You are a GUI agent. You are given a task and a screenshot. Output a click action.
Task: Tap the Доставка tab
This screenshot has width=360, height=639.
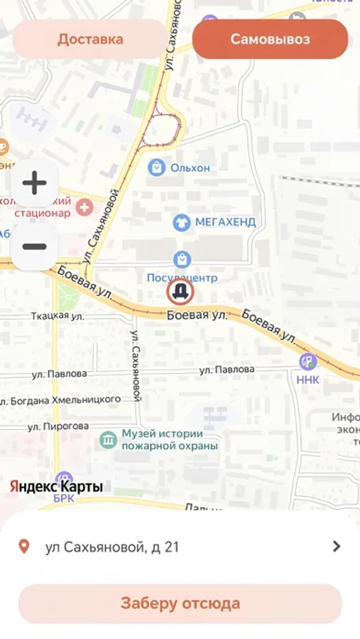90,39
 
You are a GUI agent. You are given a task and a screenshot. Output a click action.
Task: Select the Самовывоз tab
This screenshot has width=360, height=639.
270,39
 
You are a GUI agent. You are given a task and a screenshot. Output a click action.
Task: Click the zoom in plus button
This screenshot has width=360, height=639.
34,183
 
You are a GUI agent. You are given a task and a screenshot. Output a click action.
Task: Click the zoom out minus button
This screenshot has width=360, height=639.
34,246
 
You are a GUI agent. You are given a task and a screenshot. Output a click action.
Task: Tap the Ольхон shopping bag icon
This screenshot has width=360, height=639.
156,168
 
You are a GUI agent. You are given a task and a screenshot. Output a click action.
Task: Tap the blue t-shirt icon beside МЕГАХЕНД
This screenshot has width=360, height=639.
182,222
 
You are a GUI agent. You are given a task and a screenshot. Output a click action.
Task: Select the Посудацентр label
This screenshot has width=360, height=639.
181,277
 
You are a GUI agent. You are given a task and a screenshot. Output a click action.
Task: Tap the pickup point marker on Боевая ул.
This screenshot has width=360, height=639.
181,292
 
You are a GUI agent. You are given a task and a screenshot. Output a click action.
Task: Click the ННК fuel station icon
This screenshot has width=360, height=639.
308,361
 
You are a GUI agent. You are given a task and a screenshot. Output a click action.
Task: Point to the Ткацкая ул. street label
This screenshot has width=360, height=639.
50,315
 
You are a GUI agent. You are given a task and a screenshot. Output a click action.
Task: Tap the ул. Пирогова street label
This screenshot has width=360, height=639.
58,426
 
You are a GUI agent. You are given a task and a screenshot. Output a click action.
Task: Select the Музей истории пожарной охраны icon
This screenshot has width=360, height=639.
108,439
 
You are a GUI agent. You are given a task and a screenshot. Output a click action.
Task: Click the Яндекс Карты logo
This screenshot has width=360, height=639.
56,486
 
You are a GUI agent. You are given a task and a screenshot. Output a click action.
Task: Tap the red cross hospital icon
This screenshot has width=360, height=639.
84,207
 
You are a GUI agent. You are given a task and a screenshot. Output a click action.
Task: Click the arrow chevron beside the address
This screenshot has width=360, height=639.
337,546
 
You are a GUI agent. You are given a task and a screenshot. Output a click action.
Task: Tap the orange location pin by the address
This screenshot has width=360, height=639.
24,547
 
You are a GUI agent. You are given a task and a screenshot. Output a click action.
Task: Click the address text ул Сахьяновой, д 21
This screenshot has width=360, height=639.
112,547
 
